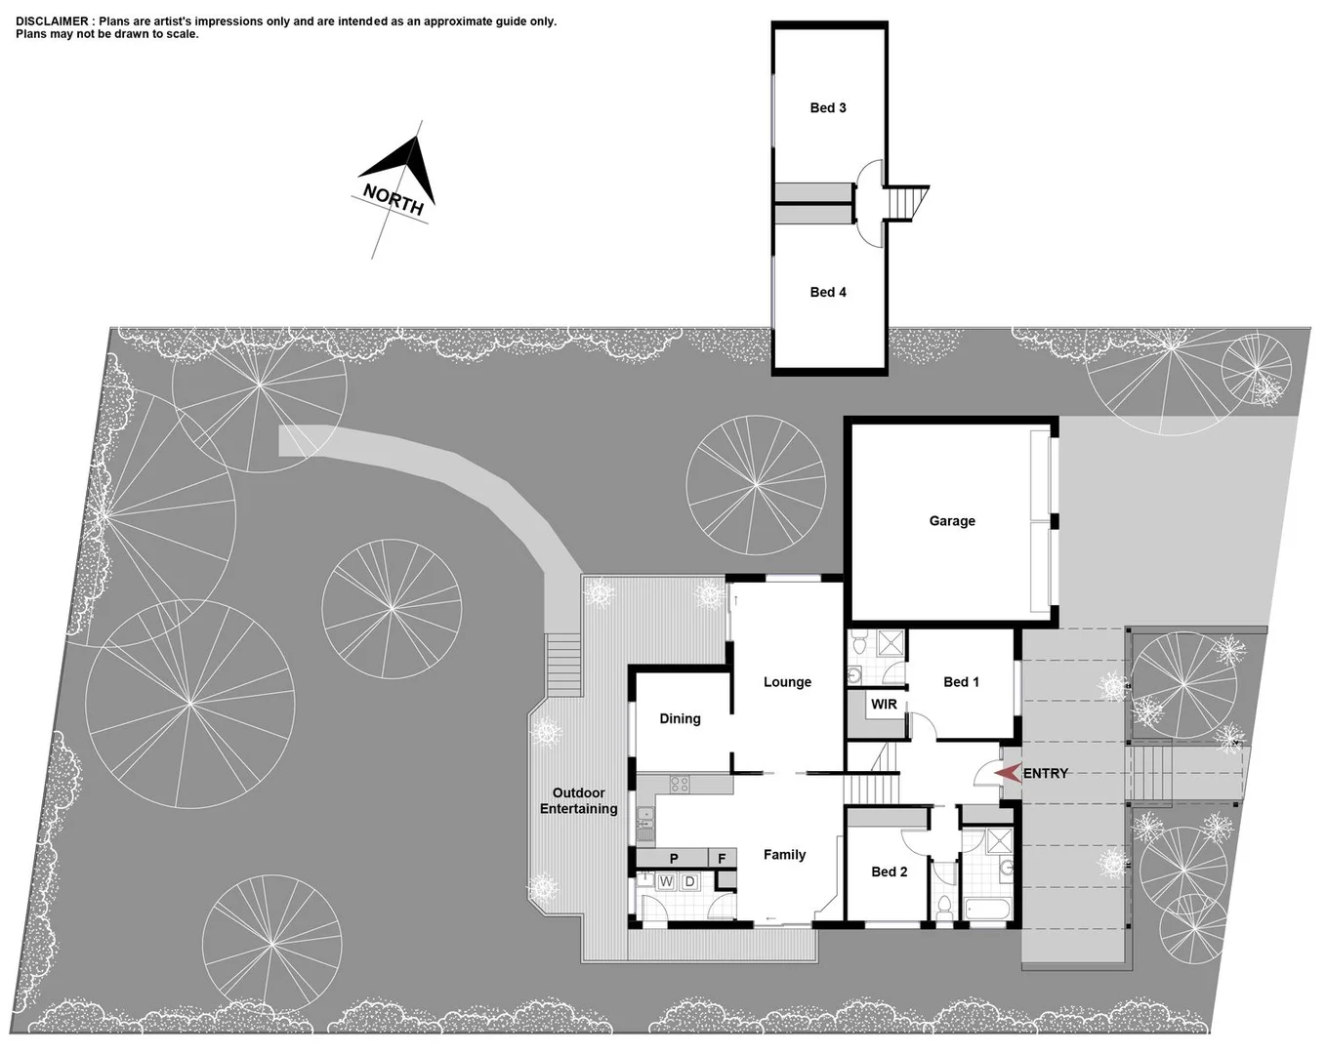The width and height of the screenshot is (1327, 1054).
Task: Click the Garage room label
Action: point(951,521)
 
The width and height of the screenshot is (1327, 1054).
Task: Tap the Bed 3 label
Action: point(827,108)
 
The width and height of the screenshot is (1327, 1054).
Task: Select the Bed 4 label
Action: point(827,292)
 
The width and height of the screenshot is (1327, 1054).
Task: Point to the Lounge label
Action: point(787,682)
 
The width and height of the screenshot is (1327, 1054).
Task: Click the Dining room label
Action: point(680,719)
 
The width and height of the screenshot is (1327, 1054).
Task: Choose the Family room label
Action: point(784,855)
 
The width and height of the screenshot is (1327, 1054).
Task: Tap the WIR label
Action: point(884,705)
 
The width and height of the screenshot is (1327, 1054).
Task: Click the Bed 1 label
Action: point(961,682)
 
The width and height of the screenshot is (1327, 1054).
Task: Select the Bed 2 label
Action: point(889,872)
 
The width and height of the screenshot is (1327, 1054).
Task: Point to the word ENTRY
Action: point(1046,774)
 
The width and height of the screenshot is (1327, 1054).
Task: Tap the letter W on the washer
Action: point(666,882)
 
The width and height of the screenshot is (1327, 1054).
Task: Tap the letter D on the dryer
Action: point(689,882)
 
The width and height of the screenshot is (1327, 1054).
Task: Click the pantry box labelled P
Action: point(673,859)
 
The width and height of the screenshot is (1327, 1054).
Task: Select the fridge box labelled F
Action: point(722,859)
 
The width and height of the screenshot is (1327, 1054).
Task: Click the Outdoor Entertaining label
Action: point(578,801)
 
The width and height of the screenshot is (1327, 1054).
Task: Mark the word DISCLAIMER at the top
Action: point(52,21)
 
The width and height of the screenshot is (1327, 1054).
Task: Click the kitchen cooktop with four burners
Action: point(680,784)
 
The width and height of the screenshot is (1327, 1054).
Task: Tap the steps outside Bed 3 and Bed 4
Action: point(907,203)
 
